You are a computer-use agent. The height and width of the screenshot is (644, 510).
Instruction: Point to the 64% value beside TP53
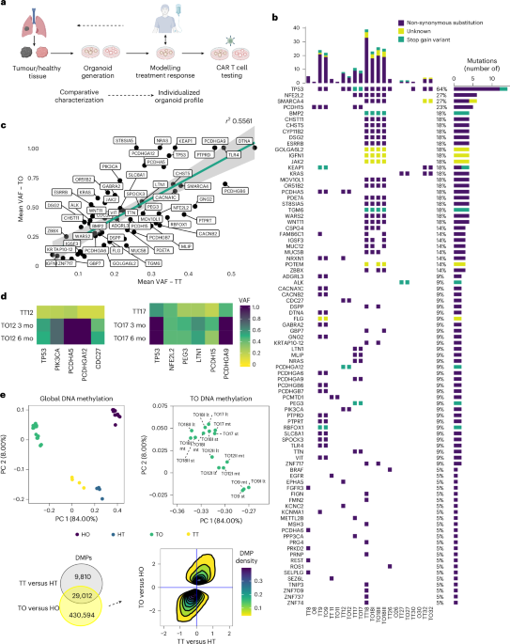click(440, 89)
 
